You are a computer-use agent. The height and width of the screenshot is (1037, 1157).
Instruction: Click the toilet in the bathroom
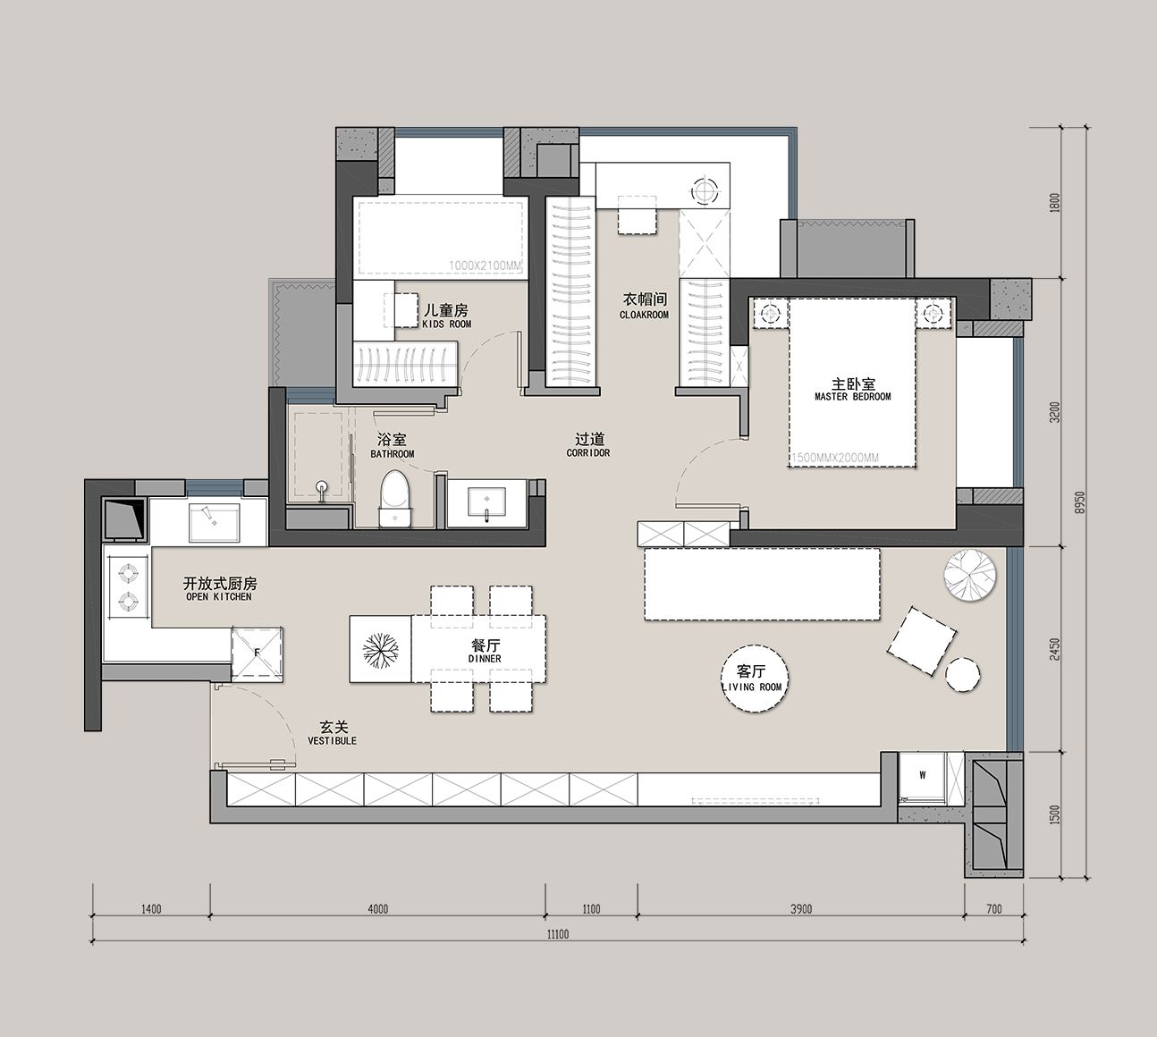tap(395, 499)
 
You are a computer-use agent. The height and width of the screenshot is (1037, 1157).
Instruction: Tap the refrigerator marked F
tap(257, 653)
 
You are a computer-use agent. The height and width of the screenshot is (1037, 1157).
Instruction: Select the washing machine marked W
tap(923, 779)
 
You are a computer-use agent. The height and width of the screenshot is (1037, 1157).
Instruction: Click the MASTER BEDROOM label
tap(853, 397)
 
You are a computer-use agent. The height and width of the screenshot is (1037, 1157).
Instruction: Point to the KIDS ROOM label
tap(446, 325)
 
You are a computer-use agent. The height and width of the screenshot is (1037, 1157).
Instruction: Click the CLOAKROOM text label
tap(644, 315)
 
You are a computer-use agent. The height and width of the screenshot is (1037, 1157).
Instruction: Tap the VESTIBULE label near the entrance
tap(333, 740)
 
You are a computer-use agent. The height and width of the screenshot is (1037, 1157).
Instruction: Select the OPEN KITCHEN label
tap(219, 597)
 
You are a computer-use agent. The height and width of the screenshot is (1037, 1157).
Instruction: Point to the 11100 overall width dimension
tap(558, 934)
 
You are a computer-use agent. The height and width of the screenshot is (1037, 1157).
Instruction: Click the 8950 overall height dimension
tap(1078, 502)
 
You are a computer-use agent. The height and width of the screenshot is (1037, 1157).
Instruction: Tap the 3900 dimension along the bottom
tap(800, 908)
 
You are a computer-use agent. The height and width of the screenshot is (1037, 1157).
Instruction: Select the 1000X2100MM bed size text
tap(486, 266)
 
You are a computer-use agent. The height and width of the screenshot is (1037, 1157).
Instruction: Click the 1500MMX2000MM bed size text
tap(835, 458)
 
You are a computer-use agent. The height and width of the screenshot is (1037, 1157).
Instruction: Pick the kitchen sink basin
tap(215, 522)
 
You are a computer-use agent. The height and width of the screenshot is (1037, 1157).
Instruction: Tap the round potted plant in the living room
tap(970, 575)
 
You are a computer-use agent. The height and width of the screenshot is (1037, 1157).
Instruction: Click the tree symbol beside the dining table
tap(380, 649)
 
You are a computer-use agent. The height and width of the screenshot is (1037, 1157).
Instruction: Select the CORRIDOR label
tap(588, 453)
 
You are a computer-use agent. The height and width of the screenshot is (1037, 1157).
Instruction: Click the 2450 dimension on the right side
tap(1054, 649)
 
